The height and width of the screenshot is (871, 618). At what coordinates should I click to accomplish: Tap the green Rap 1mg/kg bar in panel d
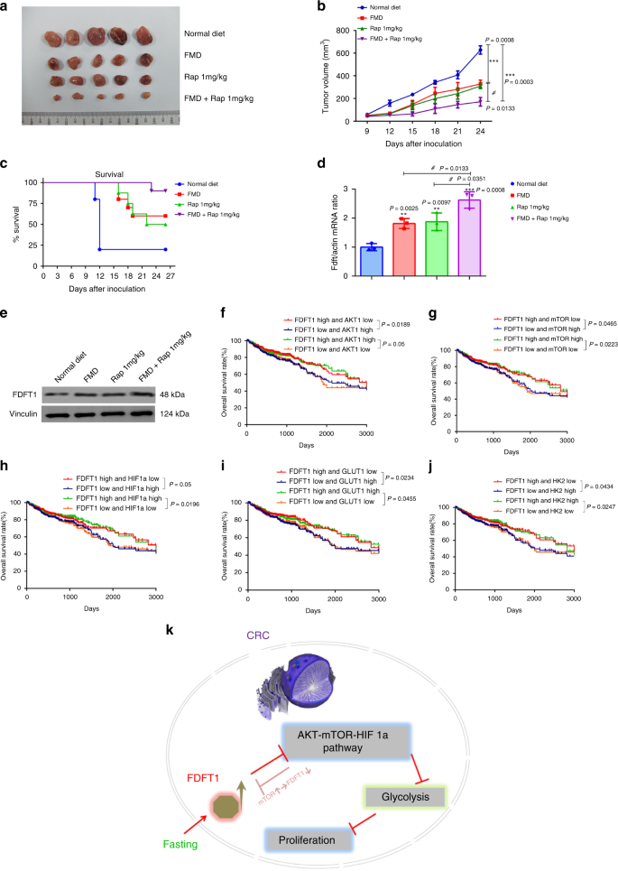coord(435,249)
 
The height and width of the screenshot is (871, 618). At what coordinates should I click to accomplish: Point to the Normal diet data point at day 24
coord(480,49)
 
